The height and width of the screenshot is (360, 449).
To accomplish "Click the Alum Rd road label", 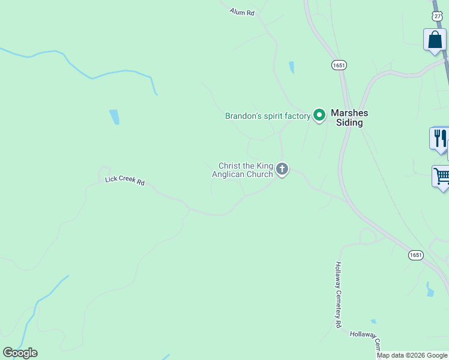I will [x=242, y=11].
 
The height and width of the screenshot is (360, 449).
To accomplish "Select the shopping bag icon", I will [x=434, y=40].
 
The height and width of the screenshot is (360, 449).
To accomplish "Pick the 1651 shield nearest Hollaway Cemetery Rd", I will [x=416, y=255].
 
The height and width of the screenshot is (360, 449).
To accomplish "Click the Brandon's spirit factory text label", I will [x=267, y=116].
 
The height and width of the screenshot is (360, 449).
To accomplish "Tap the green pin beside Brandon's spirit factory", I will [x=319, y=115].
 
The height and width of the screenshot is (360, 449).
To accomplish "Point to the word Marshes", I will [x=350, y=113].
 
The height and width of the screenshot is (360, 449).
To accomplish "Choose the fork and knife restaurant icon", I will [x=440, y=139].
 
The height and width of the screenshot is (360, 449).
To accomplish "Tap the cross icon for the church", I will [x=282, y=170].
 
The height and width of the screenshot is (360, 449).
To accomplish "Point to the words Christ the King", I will [x=246, y=166].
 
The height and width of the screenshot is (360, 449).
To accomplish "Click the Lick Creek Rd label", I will [x=125, y=180].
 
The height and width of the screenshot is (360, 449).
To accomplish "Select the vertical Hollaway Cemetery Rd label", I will [x=338, y=294].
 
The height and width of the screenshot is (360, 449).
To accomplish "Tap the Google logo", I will [x=20, y=353].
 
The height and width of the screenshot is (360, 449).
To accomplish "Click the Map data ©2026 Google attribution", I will [x=412, y=355].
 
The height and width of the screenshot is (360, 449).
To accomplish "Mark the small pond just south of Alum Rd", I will [x=292, y=67].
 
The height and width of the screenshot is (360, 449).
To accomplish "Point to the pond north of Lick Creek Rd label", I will [x=114, y=116].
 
